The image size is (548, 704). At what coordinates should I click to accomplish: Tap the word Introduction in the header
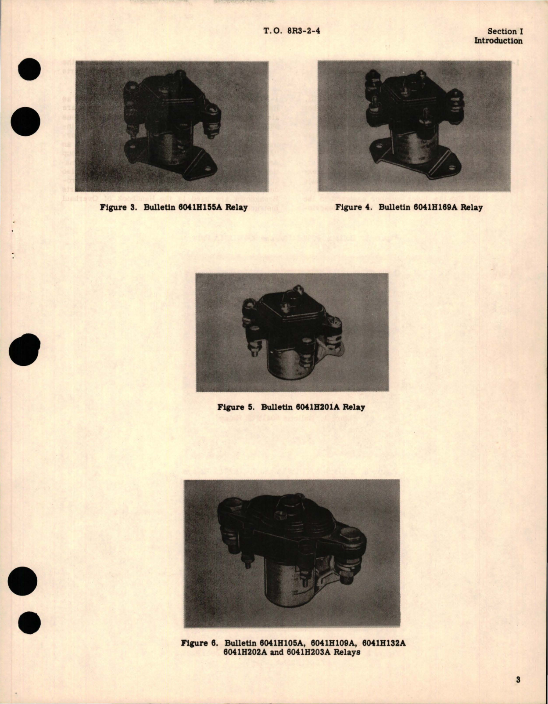pos(498,41)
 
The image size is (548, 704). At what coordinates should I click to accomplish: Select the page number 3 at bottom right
pos(518,680)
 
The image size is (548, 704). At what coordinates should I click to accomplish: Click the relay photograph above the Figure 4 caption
pos(414,126)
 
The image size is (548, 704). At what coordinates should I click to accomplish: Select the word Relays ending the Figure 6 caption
pos(347,652)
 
